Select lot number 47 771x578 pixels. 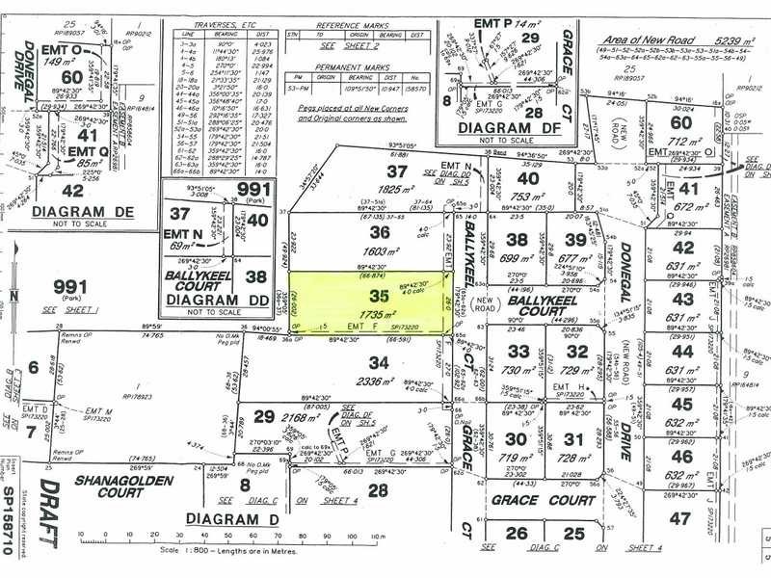point(681,518)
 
